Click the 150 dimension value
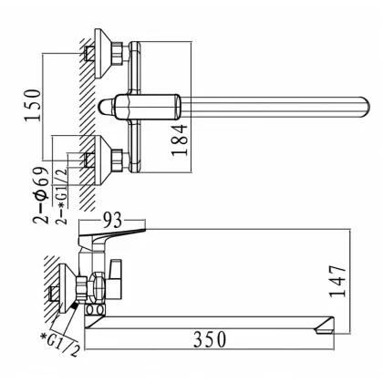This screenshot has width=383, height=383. point(33,105)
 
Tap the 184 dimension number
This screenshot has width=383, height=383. point(179,140)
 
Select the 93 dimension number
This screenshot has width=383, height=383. point(112,220)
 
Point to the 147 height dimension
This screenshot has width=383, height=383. point(337,281)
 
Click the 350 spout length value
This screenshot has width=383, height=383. point(210,339)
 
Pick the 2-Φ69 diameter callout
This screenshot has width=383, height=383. point(41,195)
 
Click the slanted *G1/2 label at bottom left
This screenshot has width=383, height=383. point(60,345)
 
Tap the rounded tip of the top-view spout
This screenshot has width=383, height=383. point(366,108)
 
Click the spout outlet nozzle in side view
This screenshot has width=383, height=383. point(325,326)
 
